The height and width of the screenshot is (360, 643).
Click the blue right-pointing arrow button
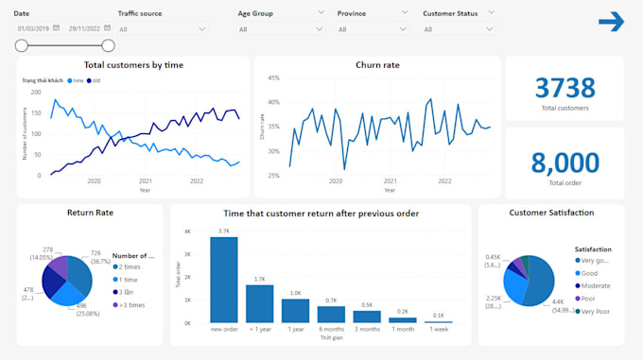coord(612,22)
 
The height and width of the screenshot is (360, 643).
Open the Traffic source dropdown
coord(162,29)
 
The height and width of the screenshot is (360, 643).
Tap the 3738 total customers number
coord(565,88)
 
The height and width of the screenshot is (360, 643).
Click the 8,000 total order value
coord(565,163)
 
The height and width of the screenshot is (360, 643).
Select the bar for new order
coord(224,280)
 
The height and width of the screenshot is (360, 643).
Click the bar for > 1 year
coord(260,303)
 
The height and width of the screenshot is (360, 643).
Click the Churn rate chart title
coord(376,65)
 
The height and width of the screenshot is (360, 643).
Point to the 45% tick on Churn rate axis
coord(272,78)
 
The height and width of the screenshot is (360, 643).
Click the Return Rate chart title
coord(90,213)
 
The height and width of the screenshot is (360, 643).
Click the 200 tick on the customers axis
coord(36,92)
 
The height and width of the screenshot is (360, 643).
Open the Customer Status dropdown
coord(458,29)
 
